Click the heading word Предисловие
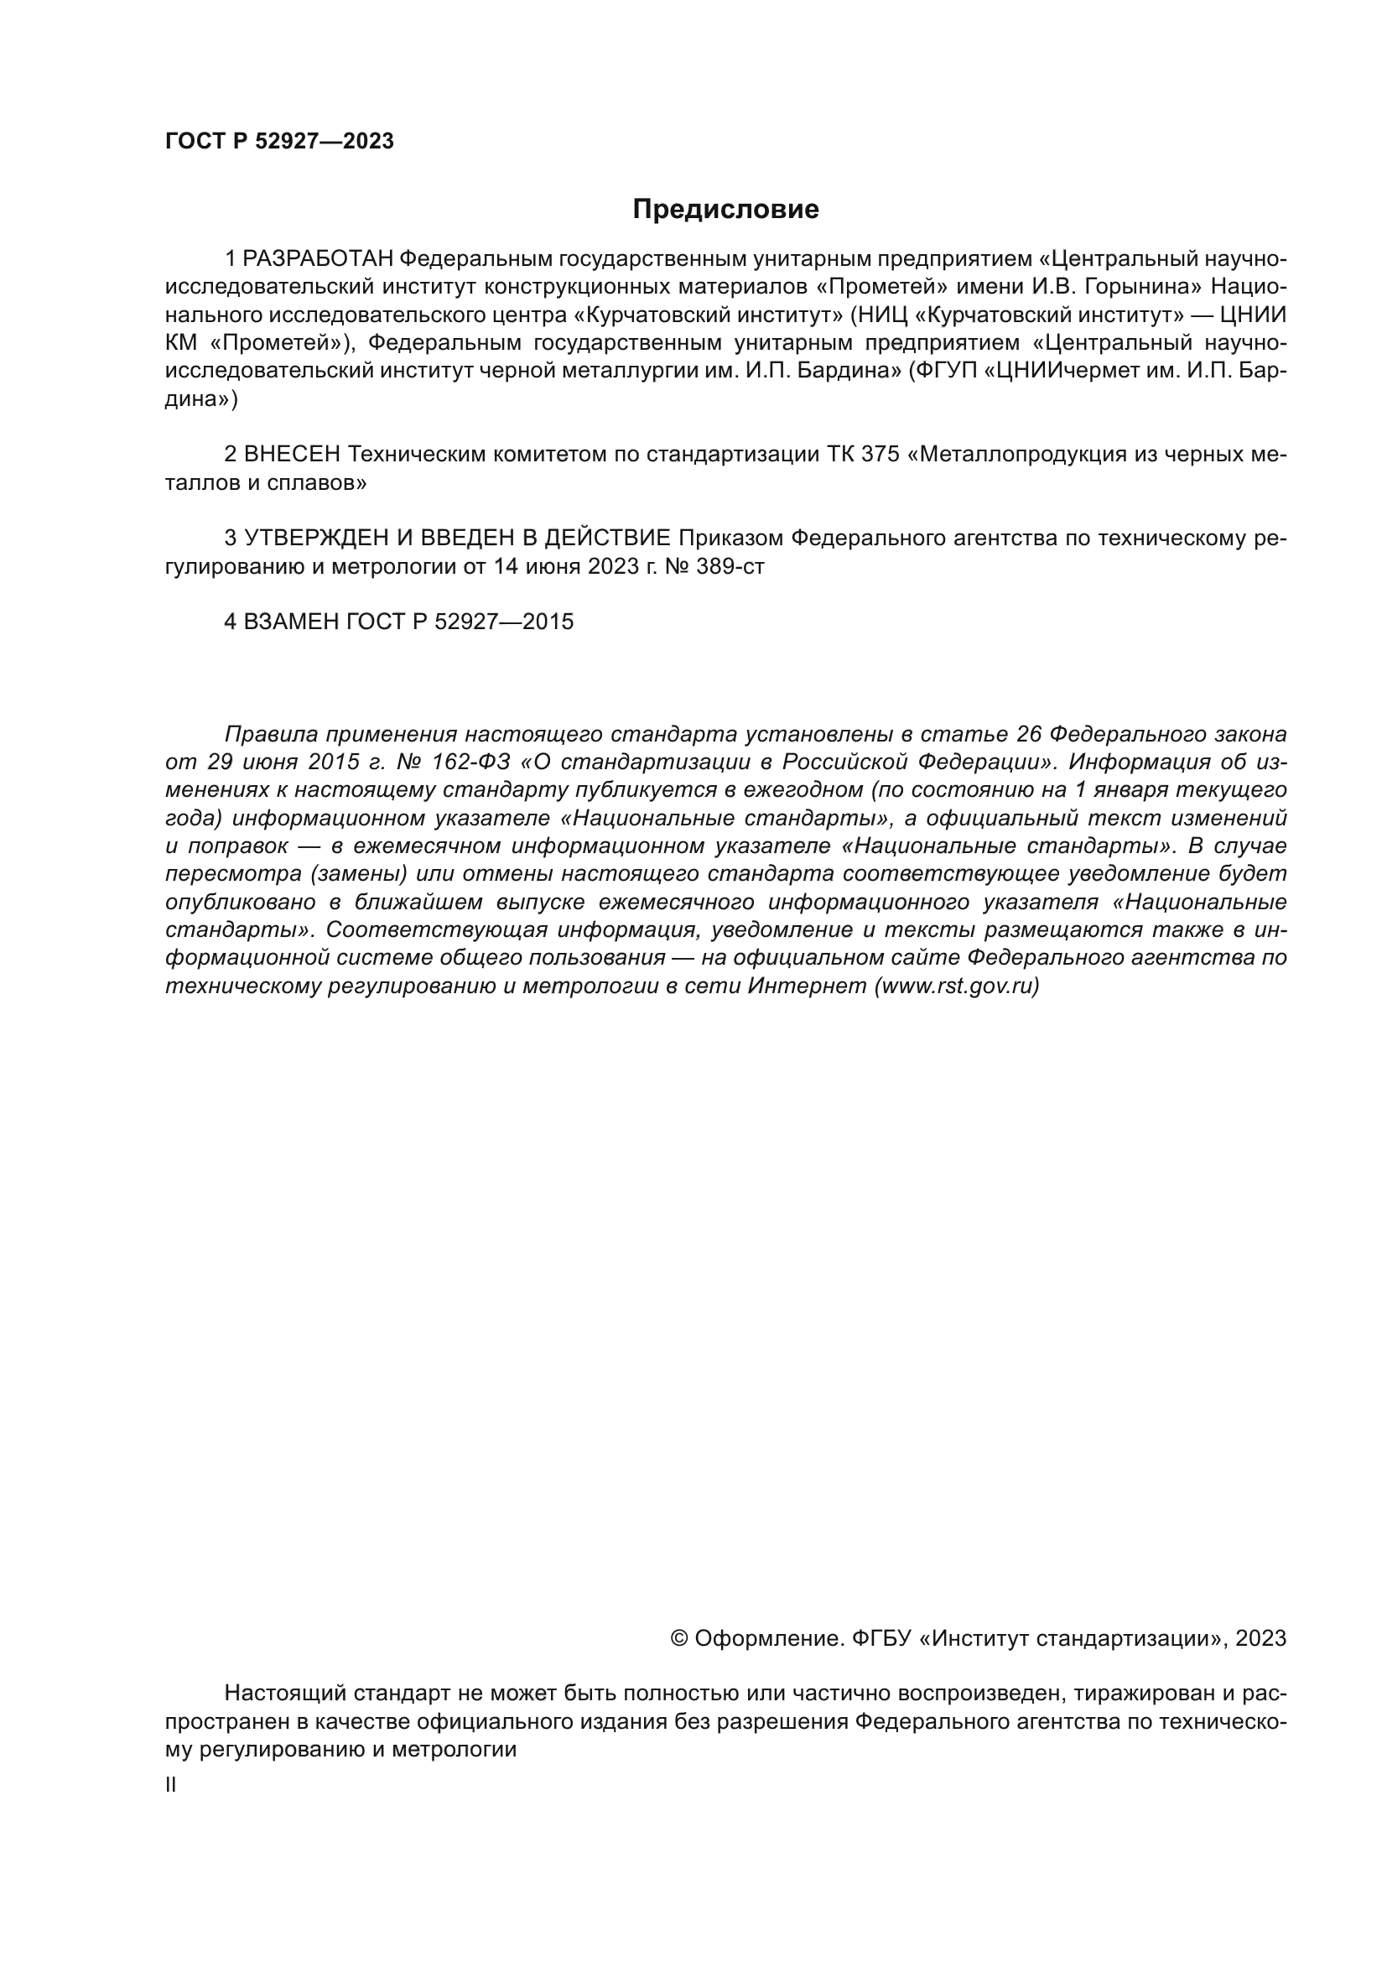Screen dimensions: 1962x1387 pos(725,210)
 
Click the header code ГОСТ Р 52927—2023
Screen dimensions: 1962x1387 pos(279,142)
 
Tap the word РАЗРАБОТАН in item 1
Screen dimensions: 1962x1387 pos(318,258)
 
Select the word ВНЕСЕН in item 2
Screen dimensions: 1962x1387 pos(292,455)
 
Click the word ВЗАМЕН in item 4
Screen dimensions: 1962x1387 pos(291,622)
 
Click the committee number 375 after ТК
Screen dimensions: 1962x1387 pos(881,455)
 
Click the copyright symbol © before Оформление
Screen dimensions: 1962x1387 pos(680,1638)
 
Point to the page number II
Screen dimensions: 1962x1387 pos(171,1784)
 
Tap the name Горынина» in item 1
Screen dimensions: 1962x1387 pos(1142,286)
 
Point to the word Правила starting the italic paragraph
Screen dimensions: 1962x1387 pos(271,733)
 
